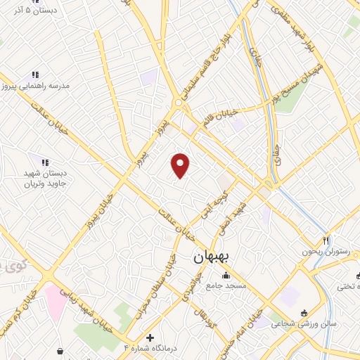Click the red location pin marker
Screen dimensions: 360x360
tap(181, 165)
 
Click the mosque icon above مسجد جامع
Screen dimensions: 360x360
tap(225, 275)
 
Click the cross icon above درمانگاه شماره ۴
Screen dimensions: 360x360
tap(148, 337)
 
